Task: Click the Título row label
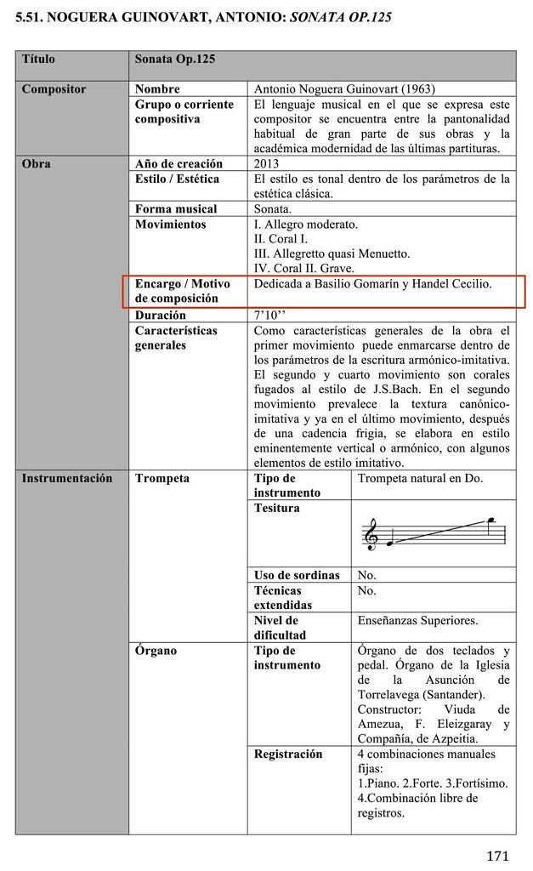coord(38,60)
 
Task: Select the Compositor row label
coord(54,88)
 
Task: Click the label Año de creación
coord(179,164)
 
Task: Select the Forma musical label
coord(176,209)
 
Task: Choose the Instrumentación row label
coord(67,478)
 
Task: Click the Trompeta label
coord(162,478)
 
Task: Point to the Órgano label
coord(156,651)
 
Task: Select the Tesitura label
coord(276,509)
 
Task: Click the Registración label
coord(288,754)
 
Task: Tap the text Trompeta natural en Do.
coord(420,478)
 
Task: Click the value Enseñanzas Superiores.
coord(417,621)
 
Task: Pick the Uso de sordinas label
coord(296,575)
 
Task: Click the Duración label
coord(160,315)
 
